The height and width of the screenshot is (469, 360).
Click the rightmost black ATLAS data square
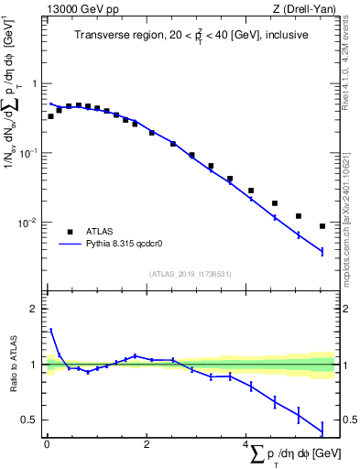pyautogui.click(x=322, y=226)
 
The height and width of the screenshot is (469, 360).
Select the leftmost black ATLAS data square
pyautogui.click(x=50, y=116)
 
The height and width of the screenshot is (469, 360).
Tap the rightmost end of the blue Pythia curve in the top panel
pyautogui.click(x=322, y=251)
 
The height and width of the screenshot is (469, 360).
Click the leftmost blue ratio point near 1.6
pyautogui.click(x=50, y=330)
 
